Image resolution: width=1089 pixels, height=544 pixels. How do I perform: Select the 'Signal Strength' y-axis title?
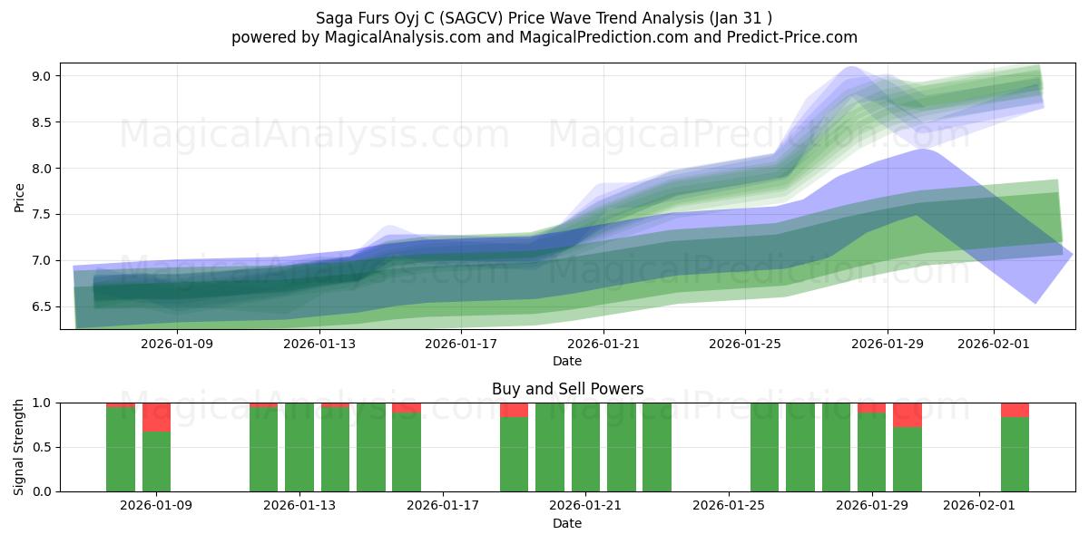(x=19, y=447)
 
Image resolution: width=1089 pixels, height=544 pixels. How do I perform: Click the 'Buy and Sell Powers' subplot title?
(x=567, y=389)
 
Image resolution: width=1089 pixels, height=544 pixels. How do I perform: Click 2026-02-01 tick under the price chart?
(x=994, y=344)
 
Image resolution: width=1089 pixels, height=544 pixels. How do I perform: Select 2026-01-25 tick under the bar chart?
(x=729, y=505)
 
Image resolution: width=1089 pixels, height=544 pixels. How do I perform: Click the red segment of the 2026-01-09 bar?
(x=156, y=417)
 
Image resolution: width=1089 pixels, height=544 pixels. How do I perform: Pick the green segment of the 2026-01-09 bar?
(x=156, y=461)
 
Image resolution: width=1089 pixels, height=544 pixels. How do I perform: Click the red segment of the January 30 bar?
(x=907, y=414)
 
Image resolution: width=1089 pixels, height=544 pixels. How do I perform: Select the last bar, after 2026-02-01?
(x=1015, y=453)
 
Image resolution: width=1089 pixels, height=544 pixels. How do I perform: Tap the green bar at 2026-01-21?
(x=585, y=447)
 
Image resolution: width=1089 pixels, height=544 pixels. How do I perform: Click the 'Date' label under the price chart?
(x=567, y=361)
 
